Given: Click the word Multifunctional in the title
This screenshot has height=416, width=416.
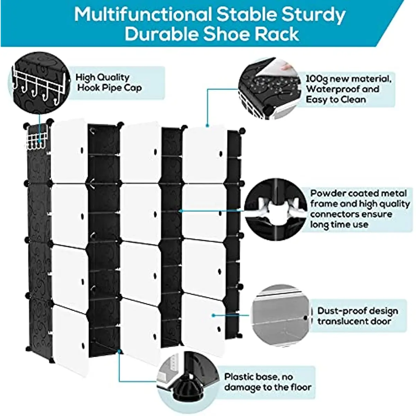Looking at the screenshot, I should click(142, 15).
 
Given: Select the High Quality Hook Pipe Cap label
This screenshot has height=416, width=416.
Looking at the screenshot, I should click(109, 83).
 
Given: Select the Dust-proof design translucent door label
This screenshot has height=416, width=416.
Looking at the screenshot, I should click(357, 316).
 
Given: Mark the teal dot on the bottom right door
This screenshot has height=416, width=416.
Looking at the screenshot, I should click(214, 315).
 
